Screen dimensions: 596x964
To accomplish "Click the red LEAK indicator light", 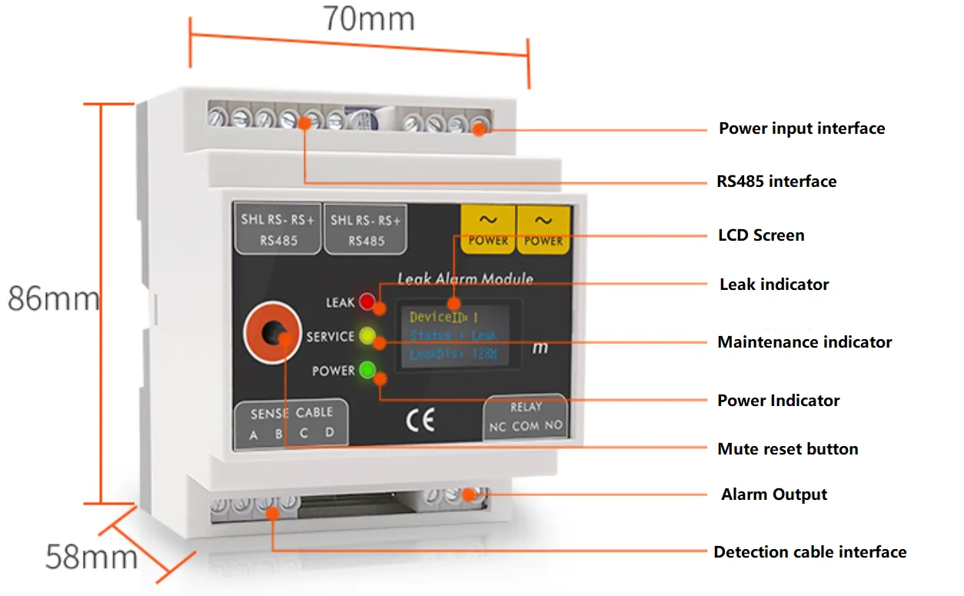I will click(x=367, y=301).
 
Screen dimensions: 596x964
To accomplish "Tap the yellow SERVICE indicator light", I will click(x=367, y=336).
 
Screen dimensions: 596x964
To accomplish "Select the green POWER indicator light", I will click(x=367, y=371).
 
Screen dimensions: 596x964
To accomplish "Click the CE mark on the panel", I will click(x=420, y=421).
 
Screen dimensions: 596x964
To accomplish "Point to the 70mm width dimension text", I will click(x=368, y=18).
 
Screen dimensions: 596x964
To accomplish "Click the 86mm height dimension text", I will click(x=54, y=298).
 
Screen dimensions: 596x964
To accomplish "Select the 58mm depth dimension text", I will click(x=91, y=556).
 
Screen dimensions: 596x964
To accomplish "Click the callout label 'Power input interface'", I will click(x=802, y=128).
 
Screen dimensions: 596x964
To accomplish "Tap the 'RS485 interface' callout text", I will click(x=776, y=181).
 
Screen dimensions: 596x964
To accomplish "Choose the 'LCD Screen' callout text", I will click(x=761, y=235).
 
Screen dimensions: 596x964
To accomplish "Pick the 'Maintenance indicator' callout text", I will click(x=804, y=342).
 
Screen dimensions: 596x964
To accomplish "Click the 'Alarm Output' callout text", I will click(x=774, y=494).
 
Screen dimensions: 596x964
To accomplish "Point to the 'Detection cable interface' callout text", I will click(x=809, y=552).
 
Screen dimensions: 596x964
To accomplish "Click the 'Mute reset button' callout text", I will click(x=787, y=449).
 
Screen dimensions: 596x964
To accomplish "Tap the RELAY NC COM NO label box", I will click(x=526, y=418).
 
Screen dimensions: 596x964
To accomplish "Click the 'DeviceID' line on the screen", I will click(x=444, y=317).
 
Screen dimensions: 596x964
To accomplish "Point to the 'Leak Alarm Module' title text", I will click(x=464, y=279).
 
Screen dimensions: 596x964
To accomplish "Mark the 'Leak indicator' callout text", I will click(x=774, y=285).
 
